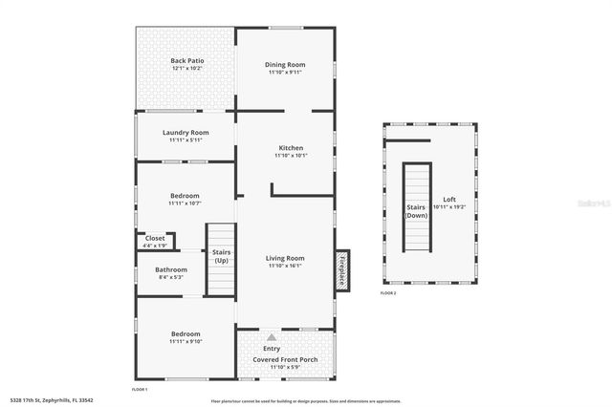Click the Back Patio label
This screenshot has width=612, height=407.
click(x=187, y=60)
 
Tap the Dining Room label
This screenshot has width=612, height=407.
click(x=285, y=64)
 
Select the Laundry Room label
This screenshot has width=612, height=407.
click(x=186, y=133)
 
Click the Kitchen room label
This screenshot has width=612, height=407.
click(x=291, y=148)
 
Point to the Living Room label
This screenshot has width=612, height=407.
click(x=285, y=258)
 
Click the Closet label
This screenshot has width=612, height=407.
click(x=155, y=238)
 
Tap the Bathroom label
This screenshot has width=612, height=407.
click(x=171, y=269)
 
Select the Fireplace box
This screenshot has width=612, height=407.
click(x=341, y=268)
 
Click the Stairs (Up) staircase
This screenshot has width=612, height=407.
click(x=221, y=256)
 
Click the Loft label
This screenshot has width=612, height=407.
click(x=448, y=200)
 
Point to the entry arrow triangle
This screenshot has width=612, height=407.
click(x=273, y=337)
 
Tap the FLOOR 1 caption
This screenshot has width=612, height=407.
click(x=140, y=390)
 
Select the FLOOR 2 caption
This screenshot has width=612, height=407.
click(x=387, y=293)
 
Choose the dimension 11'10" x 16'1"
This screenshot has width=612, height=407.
click(x=285, y=266)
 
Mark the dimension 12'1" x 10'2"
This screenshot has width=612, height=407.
click(x=187, y=69)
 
